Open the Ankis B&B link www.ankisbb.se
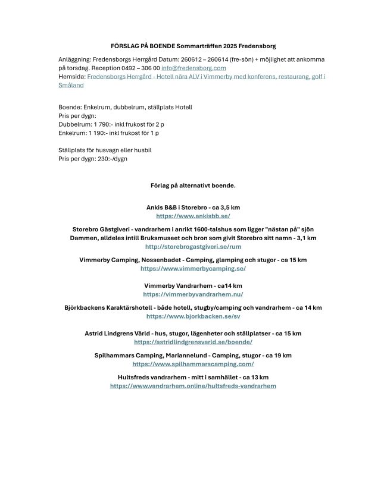[193, 216]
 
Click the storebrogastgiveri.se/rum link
[193, 246]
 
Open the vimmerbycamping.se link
[193, 269]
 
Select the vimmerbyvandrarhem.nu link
[193, 294]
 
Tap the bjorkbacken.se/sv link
[193, 317]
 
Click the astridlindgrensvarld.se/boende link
[193, 342]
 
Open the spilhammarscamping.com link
[193, 364]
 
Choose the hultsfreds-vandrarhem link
[193, 386]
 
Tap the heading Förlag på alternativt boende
[193, 185]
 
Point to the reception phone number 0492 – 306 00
[139, 68]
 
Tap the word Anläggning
[74, 60]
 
